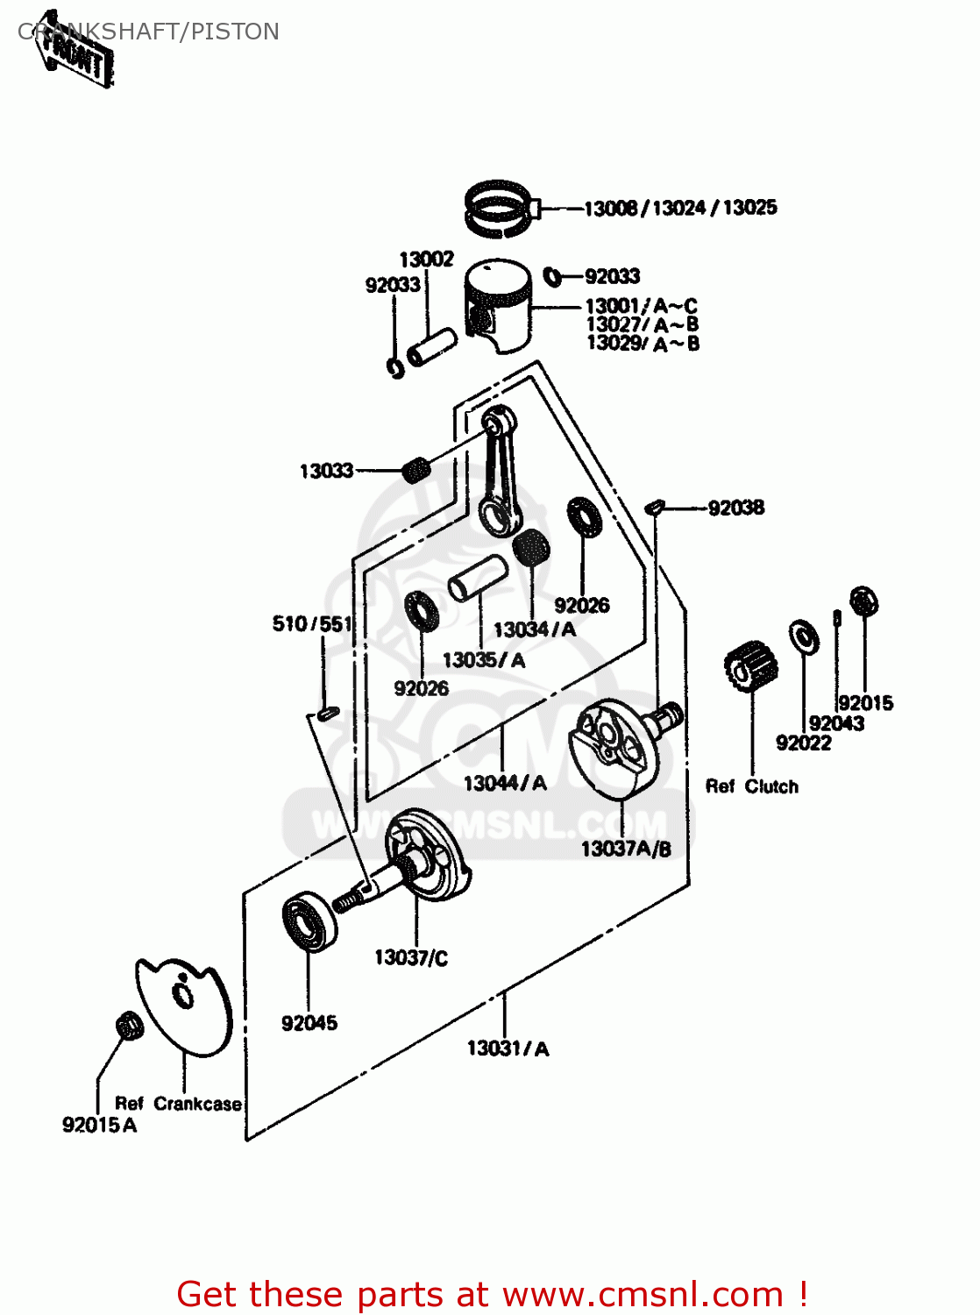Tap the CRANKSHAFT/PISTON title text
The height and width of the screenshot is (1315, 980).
[x=149, y=32]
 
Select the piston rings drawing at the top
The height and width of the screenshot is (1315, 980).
[x=501, y=209]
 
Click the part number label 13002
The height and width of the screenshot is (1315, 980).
[x=427, y=259]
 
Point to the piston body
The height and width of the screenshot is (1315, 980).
[x=499, y=303]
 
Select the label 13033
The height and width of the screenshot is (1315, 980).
[x=326, y=472]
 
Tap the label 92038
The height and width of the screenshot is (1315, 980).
[x=735, y=508]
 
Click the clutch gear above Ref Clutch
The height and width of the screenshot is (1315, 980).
[x=751, y=667]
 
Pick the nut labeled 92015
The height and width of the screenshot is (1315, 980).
[x=864, y=601]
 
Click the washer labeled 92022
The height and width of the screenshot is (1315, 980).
[x=803, y=637]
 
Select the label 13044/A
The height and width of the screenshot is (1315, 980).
[x=505, y=784]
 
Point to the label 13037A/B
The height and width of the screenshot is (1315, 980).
[x=626, y=849]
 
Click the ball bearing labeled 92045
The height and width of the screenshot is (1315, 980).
[x=309, y=920]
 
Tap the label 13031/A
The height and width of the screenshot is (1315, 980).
[x=508, y=1049]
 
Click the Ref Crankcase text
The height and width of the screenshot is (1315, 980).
[x=178, y=1105]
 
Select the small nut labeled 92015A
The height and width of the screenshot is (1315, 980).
[x=129, y=1025]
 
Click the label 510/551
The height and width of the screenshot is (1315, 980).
[x=312, y=624]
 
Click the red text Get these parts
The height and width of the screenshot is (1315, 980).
[x=491, y=1295]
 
